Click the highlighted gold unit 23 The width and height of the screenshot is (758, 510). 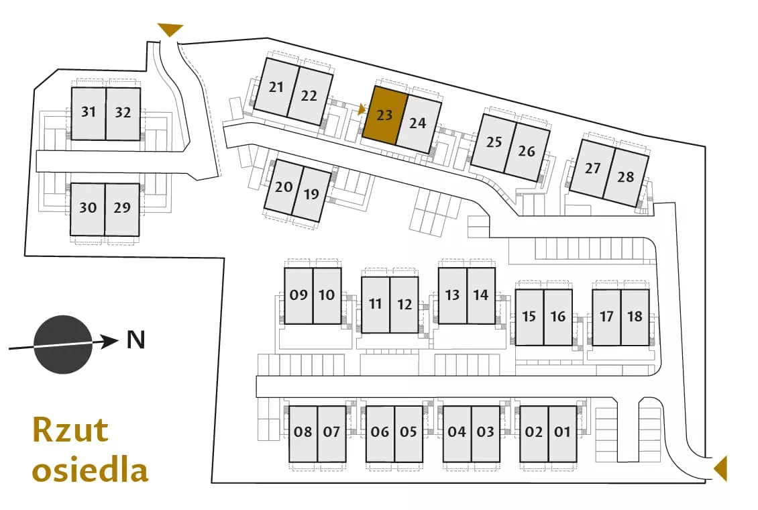[x=384, y=115]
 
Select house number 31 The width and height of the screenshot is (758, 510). [x=89, y=113]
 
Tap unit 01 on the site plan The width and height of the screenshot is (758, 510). [x=563, y=433]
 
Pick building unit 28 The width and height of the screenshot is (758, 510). [x=626, y=177]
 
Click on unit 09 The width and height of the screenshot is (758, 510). [x=299, y=296]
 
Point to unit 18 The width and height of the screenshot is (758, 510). [x=635, y=317]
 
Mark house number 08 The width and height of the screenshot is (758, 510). [x=303, y=433]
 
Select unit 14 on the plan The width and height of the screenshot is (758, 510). [x=481, y=296]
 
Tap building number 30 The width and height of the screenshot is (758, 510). [x=87, y=209]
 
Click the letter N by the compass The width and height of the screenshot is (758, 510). [x=136, y=340]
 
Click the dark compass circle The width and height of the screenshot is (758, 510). [x=63, y=345]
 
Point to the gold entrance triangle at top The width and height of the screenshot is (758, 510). [x=171, y=30]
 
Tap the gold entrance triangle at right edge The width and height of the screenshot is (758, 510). [x=721, y=468]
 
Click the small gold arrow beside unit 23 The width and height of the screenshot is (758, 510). [x=361, y=110]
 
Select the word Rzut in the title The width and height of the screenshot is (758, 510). [x=70, y=429]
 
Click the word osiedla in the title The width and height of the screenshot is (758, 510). [x=90, y=470]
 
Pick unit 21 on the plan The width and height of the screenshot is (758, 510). [x=276, y=87]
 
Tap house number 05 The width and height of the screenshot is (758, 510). [x=409, y=433]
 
